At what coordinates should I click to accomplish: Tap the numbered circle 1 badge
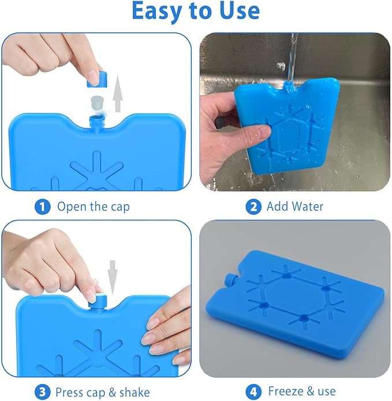[x=42, y=207]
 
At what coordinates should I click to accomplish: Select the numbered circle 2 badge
[x=253, y=207]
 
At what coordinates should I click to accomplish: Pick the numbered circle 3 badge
[x=42, y=392]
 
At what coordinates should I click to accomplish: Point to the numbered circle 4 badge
[x=253, y=392]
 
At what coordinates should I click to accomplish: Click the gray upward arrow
[x=117, y=94]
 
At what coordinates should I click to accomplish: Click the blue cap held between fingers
[x=97, y=79]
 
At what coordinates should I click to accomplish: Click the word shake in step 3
[x=135, y=392]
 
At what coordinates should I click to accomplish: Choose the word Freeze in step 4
[x=286, y=391]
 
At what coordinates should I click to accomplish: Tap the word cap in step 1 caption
[x=120, y=208]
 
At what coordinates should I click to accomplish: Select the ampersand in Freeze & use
[x=311, y=391]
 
